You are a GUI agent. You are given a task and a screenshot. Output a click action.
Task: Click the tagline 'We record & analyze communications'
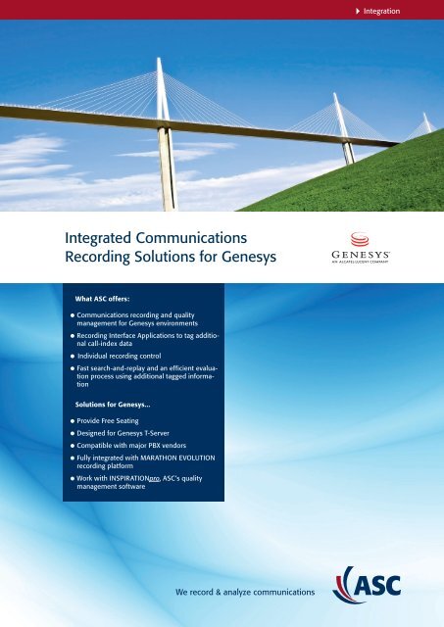(244, 593)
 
